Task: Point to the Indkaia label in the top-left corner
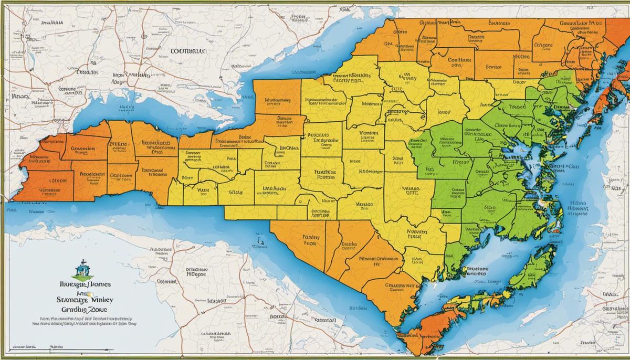pyautogui.click(x=49, y=23)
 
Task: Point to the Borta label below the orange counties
pyautogui.click(x=277, y=316)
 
